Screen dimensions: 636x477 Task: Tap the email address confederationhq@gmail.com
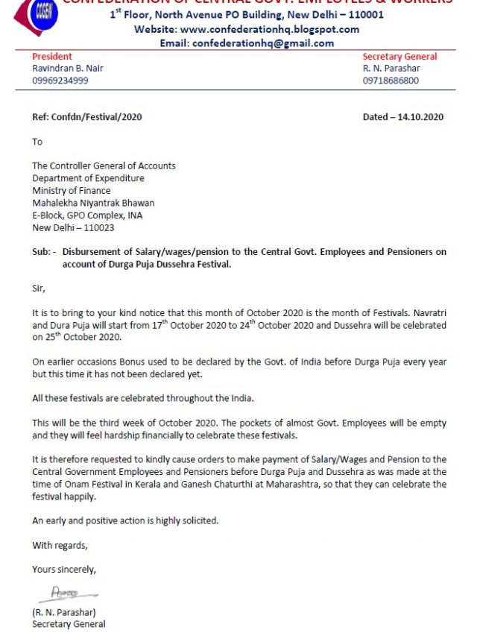tap(263, 43)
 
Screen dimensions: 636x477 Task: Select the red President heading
tap(52, 57)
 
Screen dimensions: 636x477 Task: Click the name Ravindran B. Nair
tap(68, 69)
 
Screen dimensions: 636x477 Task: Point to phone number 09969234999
tap(60, 81)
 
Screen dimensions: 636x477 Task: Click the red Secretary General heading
tap(399, 57)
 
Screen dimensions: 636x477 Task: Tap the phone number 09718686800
tap(391, 81)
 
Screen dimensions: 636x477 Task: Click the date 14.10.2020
tap(421, 117)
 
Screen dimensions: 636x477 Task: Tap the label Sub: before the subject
tap(42, 252)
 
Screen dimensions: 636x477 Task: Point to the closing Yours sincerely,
tap(64, 570)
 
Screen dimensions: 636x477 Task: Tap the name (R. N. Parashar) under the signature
tap(64, 612)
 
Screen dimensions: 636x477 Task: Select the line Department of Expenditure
tap(88, 178)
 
